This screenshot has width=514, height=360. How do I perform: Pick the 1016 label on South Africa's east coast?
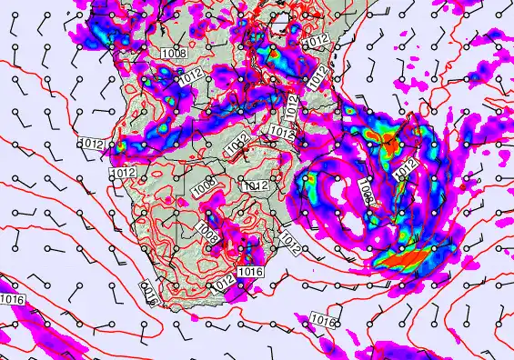coord(250,272)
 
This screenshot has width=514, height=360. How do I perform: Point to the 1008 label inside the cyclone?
coord(367,190)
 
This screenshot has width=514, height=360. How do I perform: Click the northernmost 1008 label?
coord(174,53)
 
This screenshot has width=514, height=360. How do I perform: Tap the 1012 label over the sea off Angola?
coord(94,144)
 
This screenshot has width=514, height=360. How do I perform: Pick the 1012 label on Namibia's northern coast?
coord(124,173)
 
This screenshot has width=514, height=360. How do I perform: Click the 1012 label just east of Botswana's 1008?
coord(256,185)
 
